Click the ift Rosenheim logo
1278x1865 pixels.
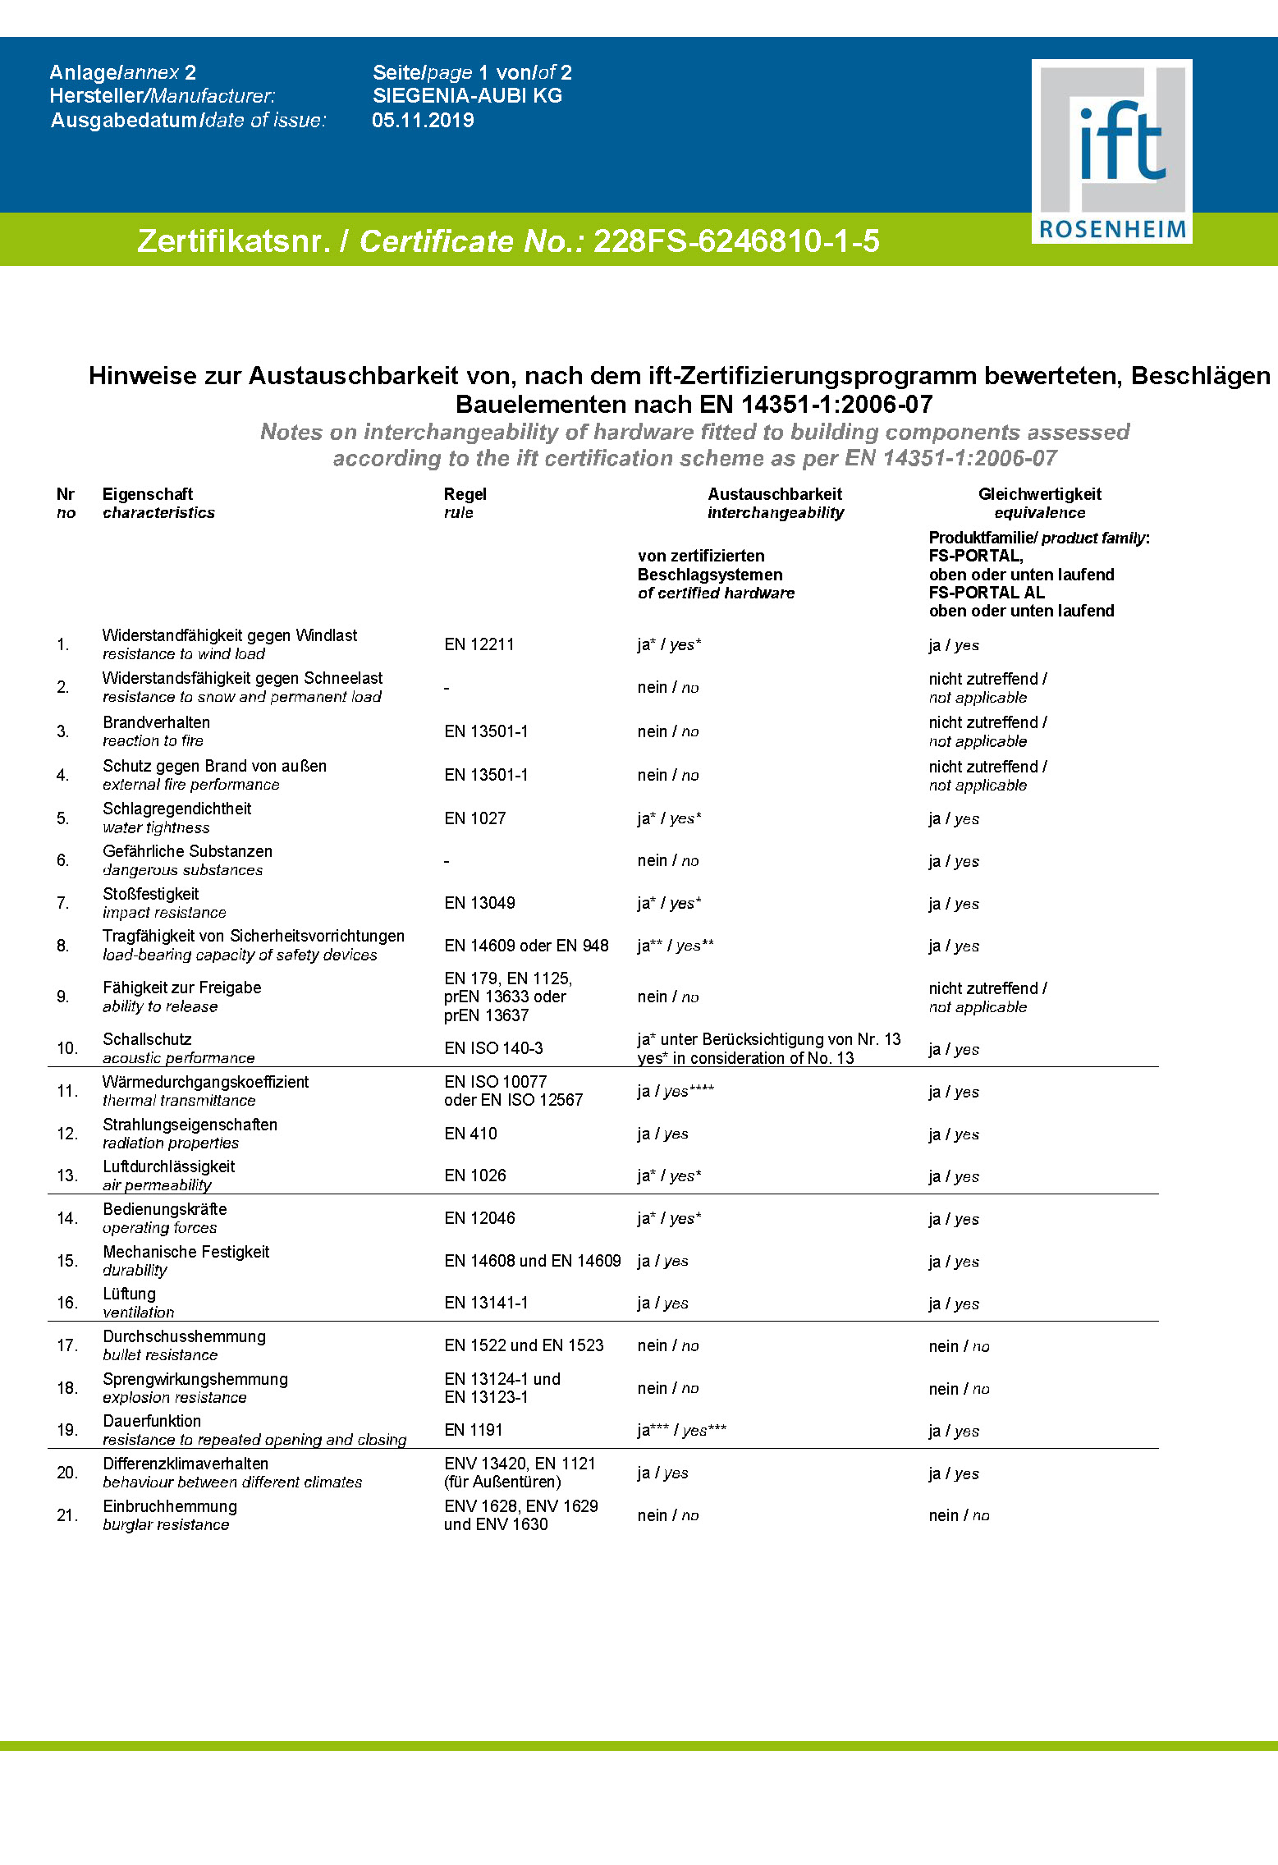coord(1111,151)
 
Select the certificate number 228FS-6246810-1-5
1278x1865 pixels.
coord(736,241)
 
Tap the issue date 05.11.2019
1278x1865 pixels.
coord(423,121)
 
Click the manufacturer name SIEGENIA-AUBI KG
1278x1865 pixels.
coord(467,96)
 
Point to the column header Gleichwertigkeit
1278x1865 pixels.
coord(1039,494)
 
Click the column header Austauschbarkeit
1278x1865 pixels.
coord(775,494)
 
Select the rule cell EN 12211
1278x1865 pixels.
coord(479,644)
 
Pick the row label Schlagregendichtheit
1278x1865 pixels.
coord(177,809)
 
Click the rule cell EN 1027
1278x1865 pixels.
coord(475,818)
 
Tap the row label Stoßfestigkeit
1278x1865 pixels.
coord(151,894)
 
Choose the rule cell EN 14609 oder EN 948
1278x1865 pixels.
coord(526,946)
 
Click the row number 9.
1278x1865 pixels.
coord(63,997)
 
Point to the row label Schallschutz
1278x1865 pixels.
coord(148,1039)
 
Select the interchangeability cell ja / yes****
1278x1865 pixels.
coord(676,1091)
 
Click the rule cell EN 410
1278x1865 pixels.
coord(470,1134)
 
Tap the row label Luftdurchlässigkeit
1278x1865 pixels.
coord(169,1166)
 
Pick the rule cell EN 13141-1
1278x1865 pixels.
coord(486,1303)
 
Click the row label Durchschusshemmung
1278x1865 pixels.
coord(185,1336)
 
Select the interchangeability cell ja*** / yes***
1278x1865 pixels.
coord(681,1430)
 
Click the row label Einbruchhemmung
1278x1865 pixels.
coord(170,1506)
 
